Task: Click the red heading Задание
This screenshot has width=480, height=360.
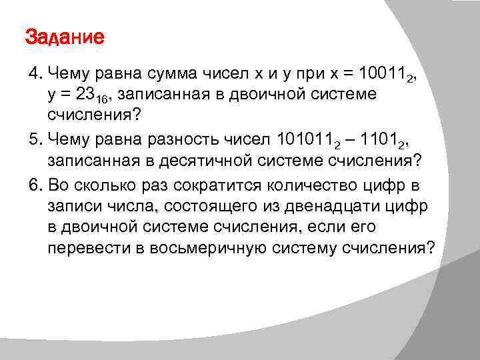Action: (65, 37)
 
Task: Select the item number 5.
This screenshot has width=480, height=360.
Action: (33, 138)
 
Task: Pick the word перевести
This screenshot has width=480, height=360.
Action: (83, 249)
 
